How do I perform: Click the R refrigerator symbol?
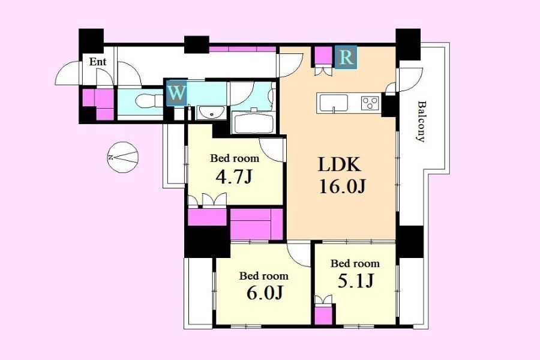[346, 57]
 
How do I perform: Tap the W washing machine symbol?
[176, 93]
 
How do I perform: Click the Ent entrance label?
[98, 62]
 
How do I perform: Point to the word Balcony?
[421, 121]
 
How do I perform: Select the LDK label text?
[340, 164]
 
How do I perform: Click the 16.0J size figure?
[342, 187]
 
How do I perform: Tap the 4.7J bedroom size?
[234, 177]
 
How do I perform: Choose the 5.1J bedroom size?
[355, 281]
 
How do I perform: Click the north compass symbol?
[122, 157]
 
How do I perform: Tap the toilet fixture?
[149, 101]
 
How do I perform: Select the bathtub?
[254, 122]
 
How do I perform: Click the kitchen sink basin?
[334, 103]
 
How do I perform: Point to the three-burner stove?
[370, 103]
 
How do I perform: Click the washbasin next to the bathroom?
[211, 113]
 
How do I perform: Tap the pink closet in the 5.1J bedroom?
[324, 315]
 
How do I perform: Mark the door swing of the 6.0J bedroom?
[299, 255]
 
